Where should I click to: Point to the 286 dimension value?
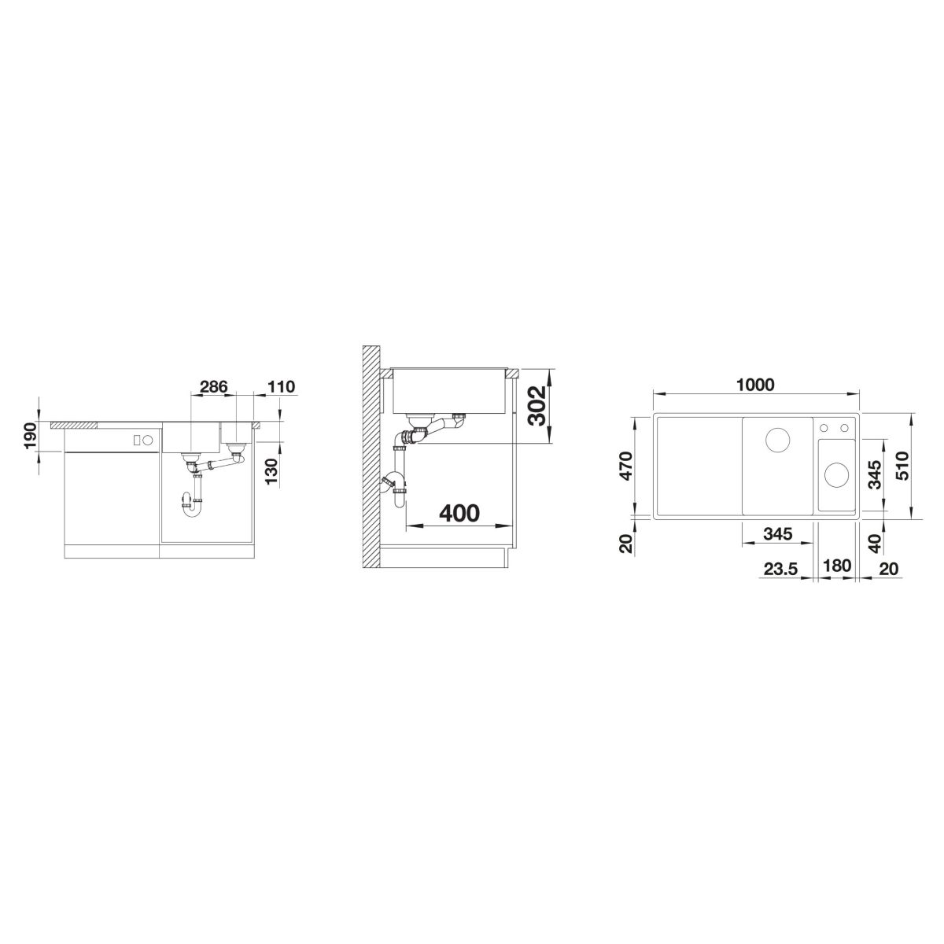click(x=214, y=386)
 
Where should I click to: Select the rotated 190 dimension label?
click(x=31, y=435)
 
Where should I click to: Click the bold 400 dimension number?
click(x=459, y=514)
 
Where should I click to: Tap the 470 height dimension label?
click(x=628, y=466)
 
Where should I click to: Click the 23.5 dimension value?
click(x=780, y=570)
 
